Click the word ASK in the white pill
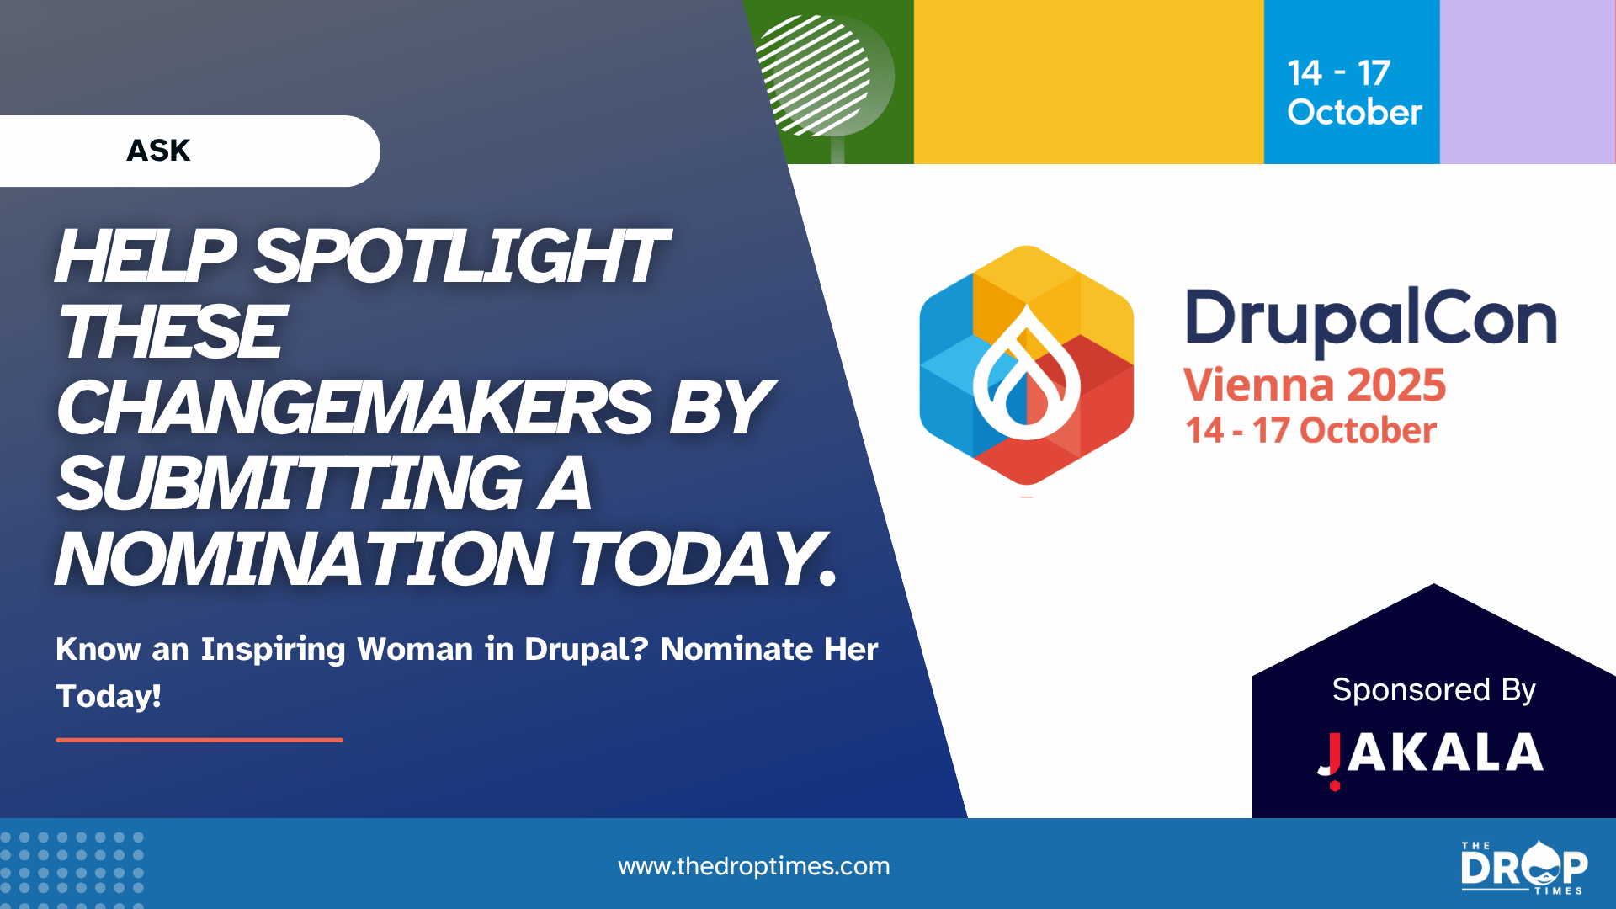pyautogui.click(x=158, y=151)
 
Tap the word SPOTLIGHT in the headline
pyautogui.click(x=460, y=257)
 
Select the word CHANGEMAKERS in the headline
pyautogui.click(x=354, y=408)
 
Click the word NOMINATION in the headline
pyautogui.click(x=303, y=559)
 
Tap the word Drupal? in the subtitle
pyautogui.click(x=586, y=649)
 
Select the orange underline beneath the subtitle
pyautogui.click(x=199, y=740)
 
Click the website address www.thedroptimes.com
pyautogui.click(x=754, y=866)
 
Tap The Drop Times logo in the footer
pyautogui.click(x=1524, y=867)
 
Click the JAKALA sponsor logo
pyautogui.click(x=1431, y=755)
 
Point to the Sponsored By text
pyautogui.click(x=1434, y=690)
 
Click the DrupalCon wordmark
pyautogui.click(x=1371, y=320)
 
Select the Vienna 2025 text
pyautogui.click(x=1315, y=385)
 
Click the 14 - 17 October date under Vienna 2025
pyautogui.click(x=1310, y=431)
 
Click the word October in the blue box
pyautogui.click(x=1354, y=113)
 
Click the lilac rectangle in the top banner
pyautogui.click(x=1528, y=82)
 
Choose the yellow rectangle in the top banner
pyautogui.click(x=1089, y=82)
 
